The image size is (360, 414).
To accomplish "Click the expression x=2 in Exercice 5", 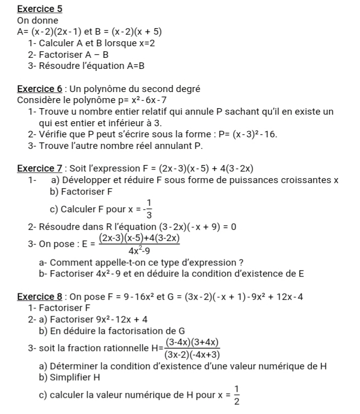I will (147, 43).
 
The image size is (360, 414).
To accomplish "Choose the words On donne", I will (38, 21).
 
